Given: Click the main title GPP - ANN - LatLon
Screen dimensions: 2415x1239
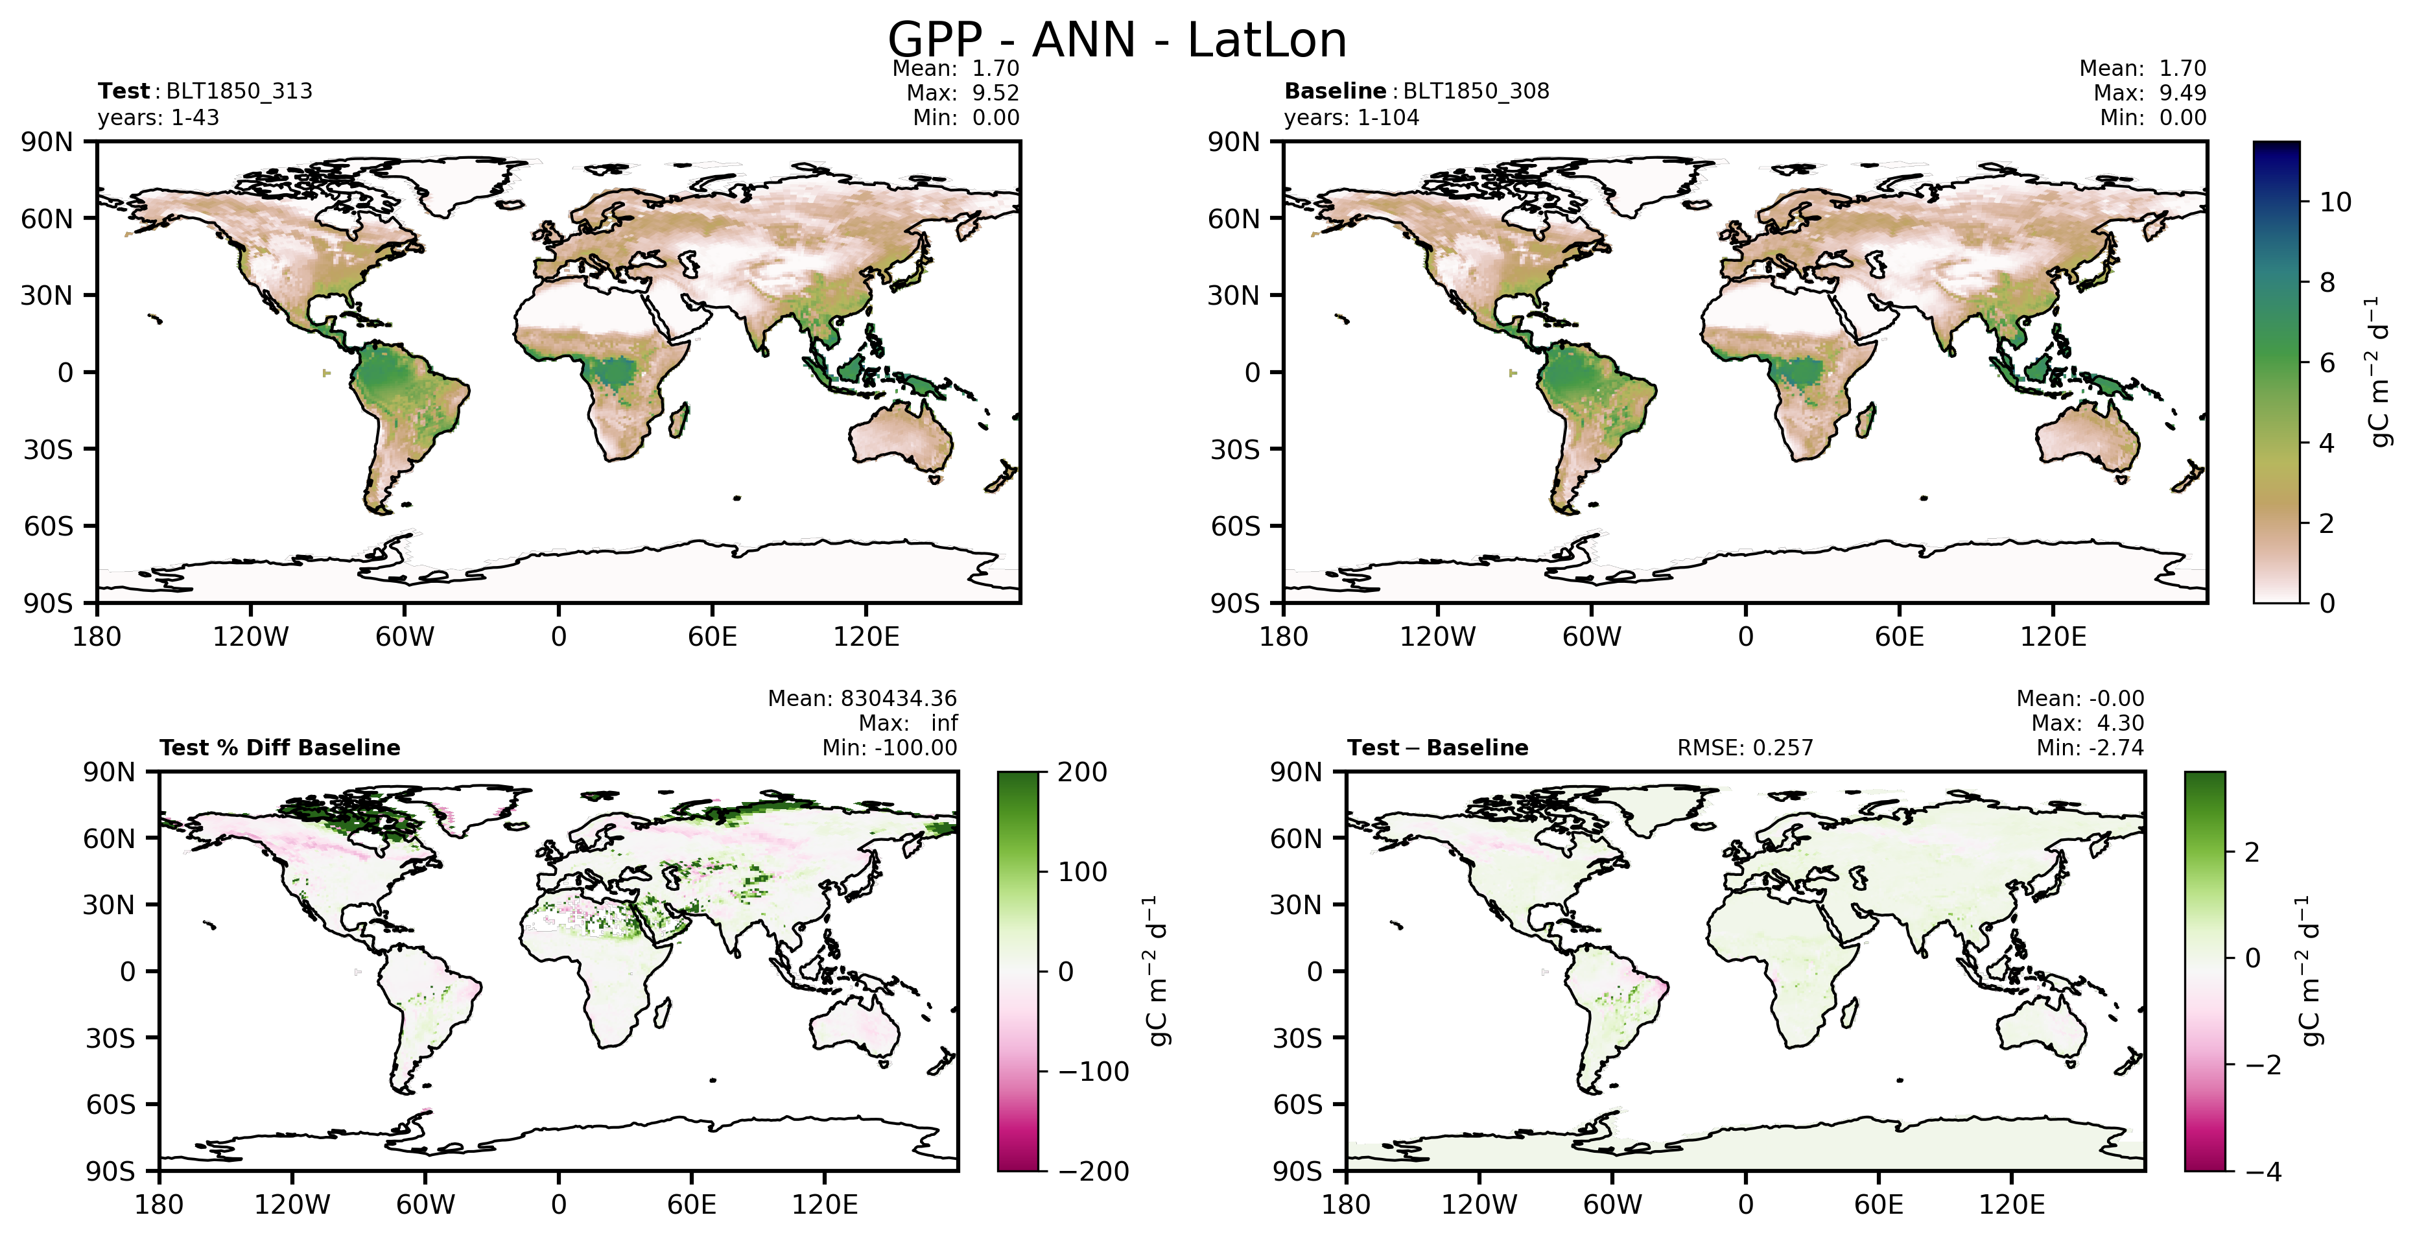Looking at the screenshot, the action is click(1116, 40).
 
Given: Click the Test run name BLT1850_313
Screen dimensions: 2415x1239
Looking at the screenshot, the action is click(239, 91).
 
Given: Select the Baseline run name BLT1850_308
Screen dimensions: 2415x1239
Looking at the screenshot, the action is click(1476, 91).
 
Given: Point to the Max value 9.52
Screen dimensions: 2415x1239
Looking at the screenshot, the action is click(996, 93).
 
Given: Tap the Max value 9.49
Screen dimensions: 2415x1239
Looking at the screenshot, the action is click(2182, 93).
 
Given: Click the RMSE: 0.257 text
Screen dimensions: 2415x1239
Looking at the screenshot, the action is click(1745, 748).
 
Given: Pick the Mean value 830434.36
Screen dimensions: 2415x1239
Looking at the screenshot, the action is click(898, 698).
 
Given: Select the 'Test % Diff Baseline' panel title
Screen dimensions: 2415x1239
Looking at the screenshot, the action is click(279, 748).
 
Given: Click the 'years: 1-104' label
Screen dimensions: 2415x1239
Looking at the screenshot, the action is click(1351, 117).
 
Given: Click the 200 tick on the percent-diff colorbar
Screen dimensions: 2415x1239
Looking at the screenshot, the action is click(1083, 772).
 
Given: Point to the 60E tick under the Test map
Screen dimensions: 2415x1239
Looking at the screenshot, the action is click(712, 637).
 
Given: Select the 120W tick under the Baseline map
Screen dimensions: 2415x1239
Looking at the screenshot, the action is click(1437, 637).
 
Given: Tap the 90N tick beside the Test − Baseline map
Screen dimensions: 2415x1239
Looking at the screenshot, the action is click(1295, 772).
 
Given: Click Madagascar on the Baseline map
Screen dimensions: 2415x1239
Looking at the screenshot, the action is click(1867, 419).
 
